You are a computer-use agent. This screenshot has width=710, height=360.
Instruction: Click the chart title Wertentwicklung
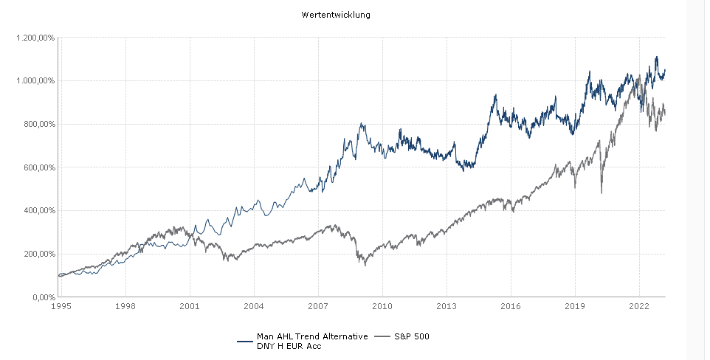(336, 14)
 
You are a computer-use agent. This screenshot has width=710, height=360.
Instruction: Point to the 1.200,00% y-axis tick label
(36, 38)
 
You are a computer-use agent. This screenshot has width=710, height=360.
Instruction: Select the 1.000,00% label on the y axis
(36, 80)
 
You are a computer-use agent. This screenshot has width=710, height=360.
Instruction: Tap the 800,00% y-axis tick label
(39, 124)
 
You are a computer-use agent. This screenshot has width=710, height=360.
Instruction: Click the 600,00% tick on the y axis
(39, 167)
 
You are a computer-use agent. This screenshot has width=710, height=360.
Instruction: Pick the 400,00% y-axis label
(39, 210)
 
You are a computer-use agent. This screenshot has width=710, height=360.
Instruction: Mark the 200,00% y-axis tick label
(39, 254)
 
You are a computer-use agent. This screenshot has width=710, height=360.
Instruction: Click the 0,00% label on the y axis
(42, 297)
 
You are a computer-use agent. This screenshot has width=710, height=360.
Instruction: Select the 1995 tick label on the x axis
(61, 305)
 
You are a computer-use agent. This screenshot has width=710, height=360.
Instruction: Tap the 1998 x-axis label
(125, 305)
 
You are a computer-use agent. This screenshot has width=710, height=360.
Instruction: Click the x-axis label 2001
(190, 305)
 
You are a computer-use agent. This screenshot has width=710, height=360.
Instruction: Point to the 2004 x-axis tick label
(254, 305)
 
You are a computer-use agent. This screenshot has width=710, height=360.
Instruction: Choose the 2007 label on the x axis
(318, 305)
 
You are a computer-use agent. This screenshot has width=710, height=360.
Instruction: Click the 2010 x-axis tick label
(382, 305)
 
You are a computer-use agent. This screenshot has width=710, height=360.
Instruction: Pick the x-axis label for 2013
(447, 305)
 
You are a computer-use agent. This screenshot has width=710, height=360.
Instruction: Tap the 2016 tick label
(511, 305)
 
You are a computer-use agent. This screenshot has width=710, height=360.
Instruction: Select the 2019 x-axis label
(575, 305)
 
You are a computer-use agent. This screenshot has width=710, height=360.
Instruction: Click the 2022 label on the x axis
(639, 305)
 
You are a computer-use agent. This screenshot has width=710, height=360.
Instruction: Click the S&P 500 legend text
(413, 336)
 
